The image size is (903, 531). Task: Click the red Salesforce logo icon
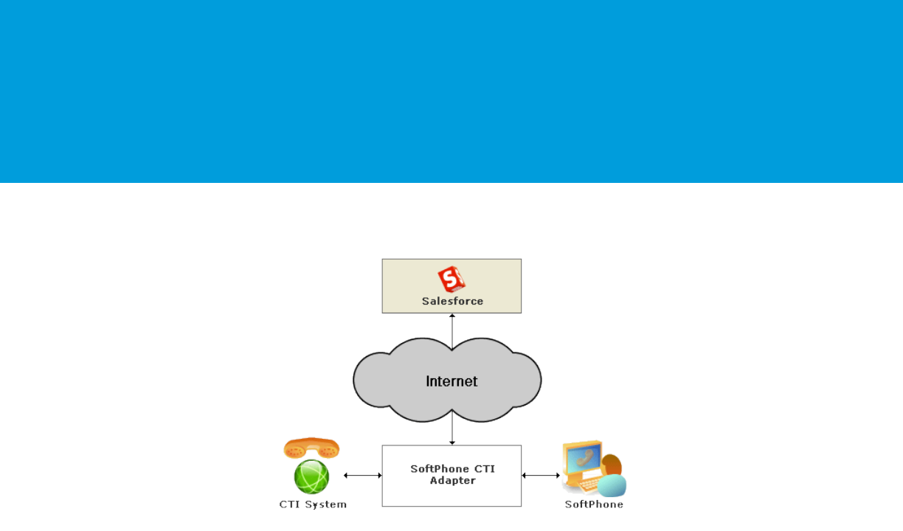coord(451,280)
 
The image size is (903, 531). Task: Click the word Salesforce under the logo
coord(452,301)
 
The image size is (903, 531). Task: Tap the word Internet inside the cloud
coord(451,381)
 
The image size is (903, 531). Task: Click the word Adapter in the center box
coord(452,481)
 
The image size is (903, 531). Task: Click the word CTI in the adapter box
coord(484,469)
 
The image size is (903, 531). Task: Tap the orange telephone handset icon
coord(311,448)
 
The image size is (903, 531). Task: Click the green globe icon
coord(311,477)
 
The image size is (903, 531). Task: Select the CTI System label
coord(313,504)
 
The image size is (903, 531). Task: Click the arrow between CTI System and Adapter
coord(362,476)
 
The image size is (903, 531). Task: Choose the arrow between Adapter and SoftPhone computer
coord(541,476)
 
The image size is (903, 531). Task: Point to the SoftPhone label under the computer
coord(594,504)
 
